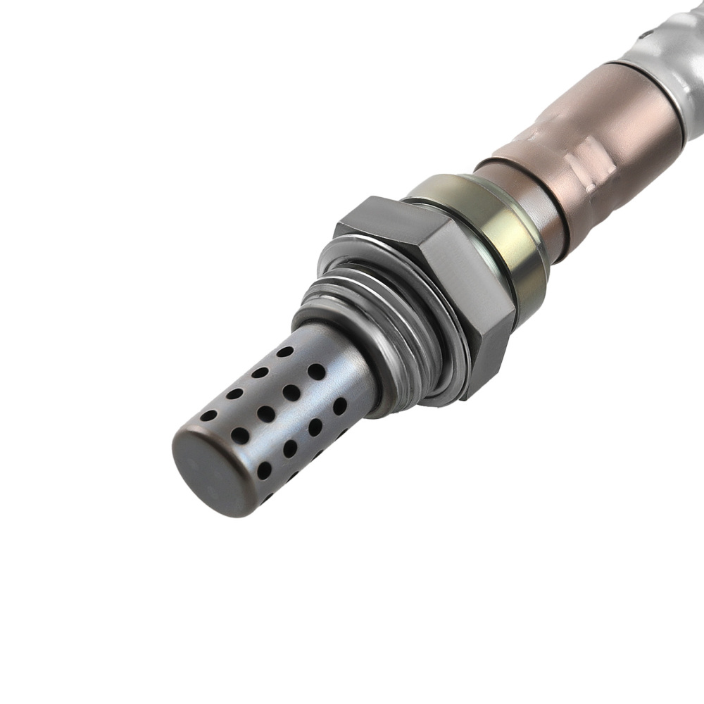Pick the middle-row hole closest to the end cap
(x=240, y=435)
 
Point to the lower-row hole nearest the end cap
(x=265, y=470)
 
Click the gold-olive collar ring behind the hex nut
(x=493, y=225)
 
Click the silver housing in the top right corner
(x=676, y=42)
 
